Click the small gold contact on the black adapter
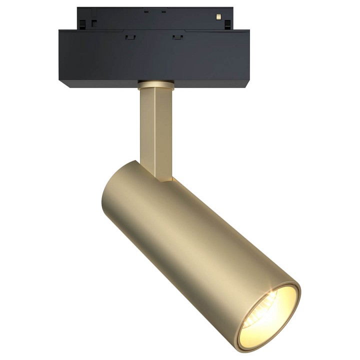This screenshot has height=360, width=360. pos(218,17)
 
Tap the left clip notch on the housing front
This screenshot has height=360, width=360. pos(130,36)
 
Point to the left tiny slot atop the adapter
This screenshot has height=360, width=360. pos(145,10)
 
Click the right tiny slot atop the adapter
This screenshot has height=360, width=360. pos(163,10)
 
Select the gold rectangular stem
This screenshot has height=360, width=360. pos(155,125)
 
